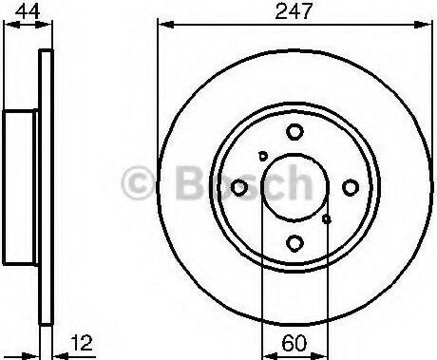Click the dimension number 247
294,11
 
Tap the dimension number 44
28,11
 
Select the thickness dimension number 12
82,343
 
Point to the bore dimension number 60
294,343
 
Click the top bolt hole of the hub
294,132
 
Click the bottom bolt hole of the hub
294,243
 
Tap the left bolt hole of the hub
239,187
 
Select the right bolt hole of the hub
351,187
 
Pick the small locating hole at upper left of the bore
263,156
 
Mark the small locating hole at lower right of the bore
327,219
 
